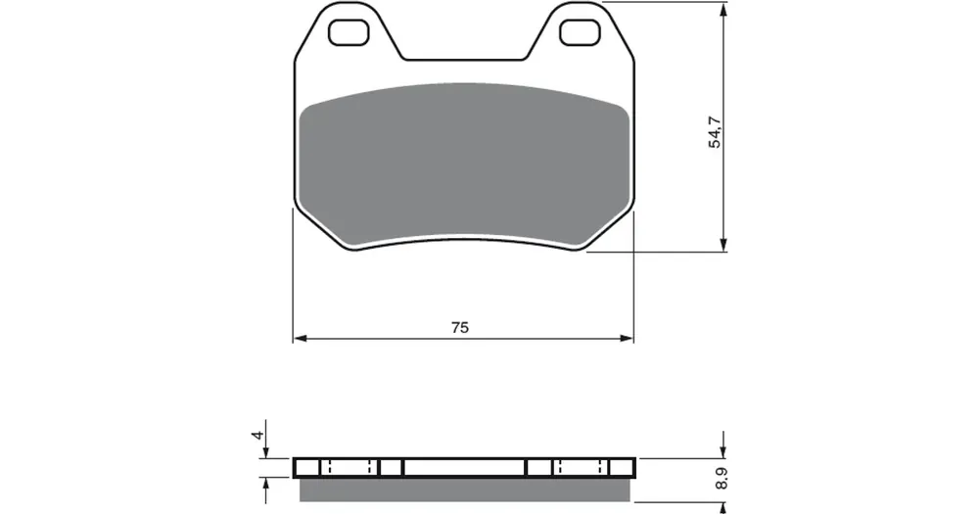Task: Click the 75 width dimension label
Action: [459, 327]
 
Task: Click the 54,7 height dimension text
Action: [715, 132]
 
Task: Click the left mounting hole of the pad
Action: [349, 32]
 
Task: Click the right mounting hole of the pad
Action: [580, 32]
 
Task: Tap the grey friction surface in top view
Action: [463, 164]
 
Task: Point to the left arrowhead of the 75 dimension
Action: [301, 339]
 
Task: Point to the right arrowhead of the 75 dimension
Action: [627, 339]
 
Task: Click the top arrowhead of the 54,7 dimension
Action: [723, 9]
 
